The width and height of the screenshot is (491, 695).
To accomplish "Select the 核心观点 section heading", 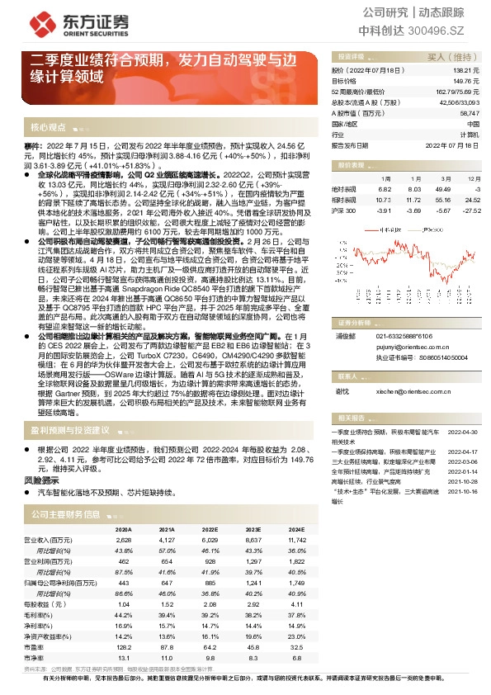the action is [x=48, y=128].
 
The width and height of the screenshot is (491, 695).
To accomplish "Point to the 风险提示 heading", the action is [x=40, y=480].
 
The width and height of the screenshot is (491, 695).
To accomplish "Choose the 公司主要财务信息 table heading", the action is [x=66, y=514].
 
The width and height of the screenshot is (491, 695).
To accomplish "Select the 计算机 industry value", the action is [x=469, y=134].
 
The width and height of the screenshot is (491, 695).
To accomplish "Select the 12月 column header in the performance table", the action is [x=473, y=177].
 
